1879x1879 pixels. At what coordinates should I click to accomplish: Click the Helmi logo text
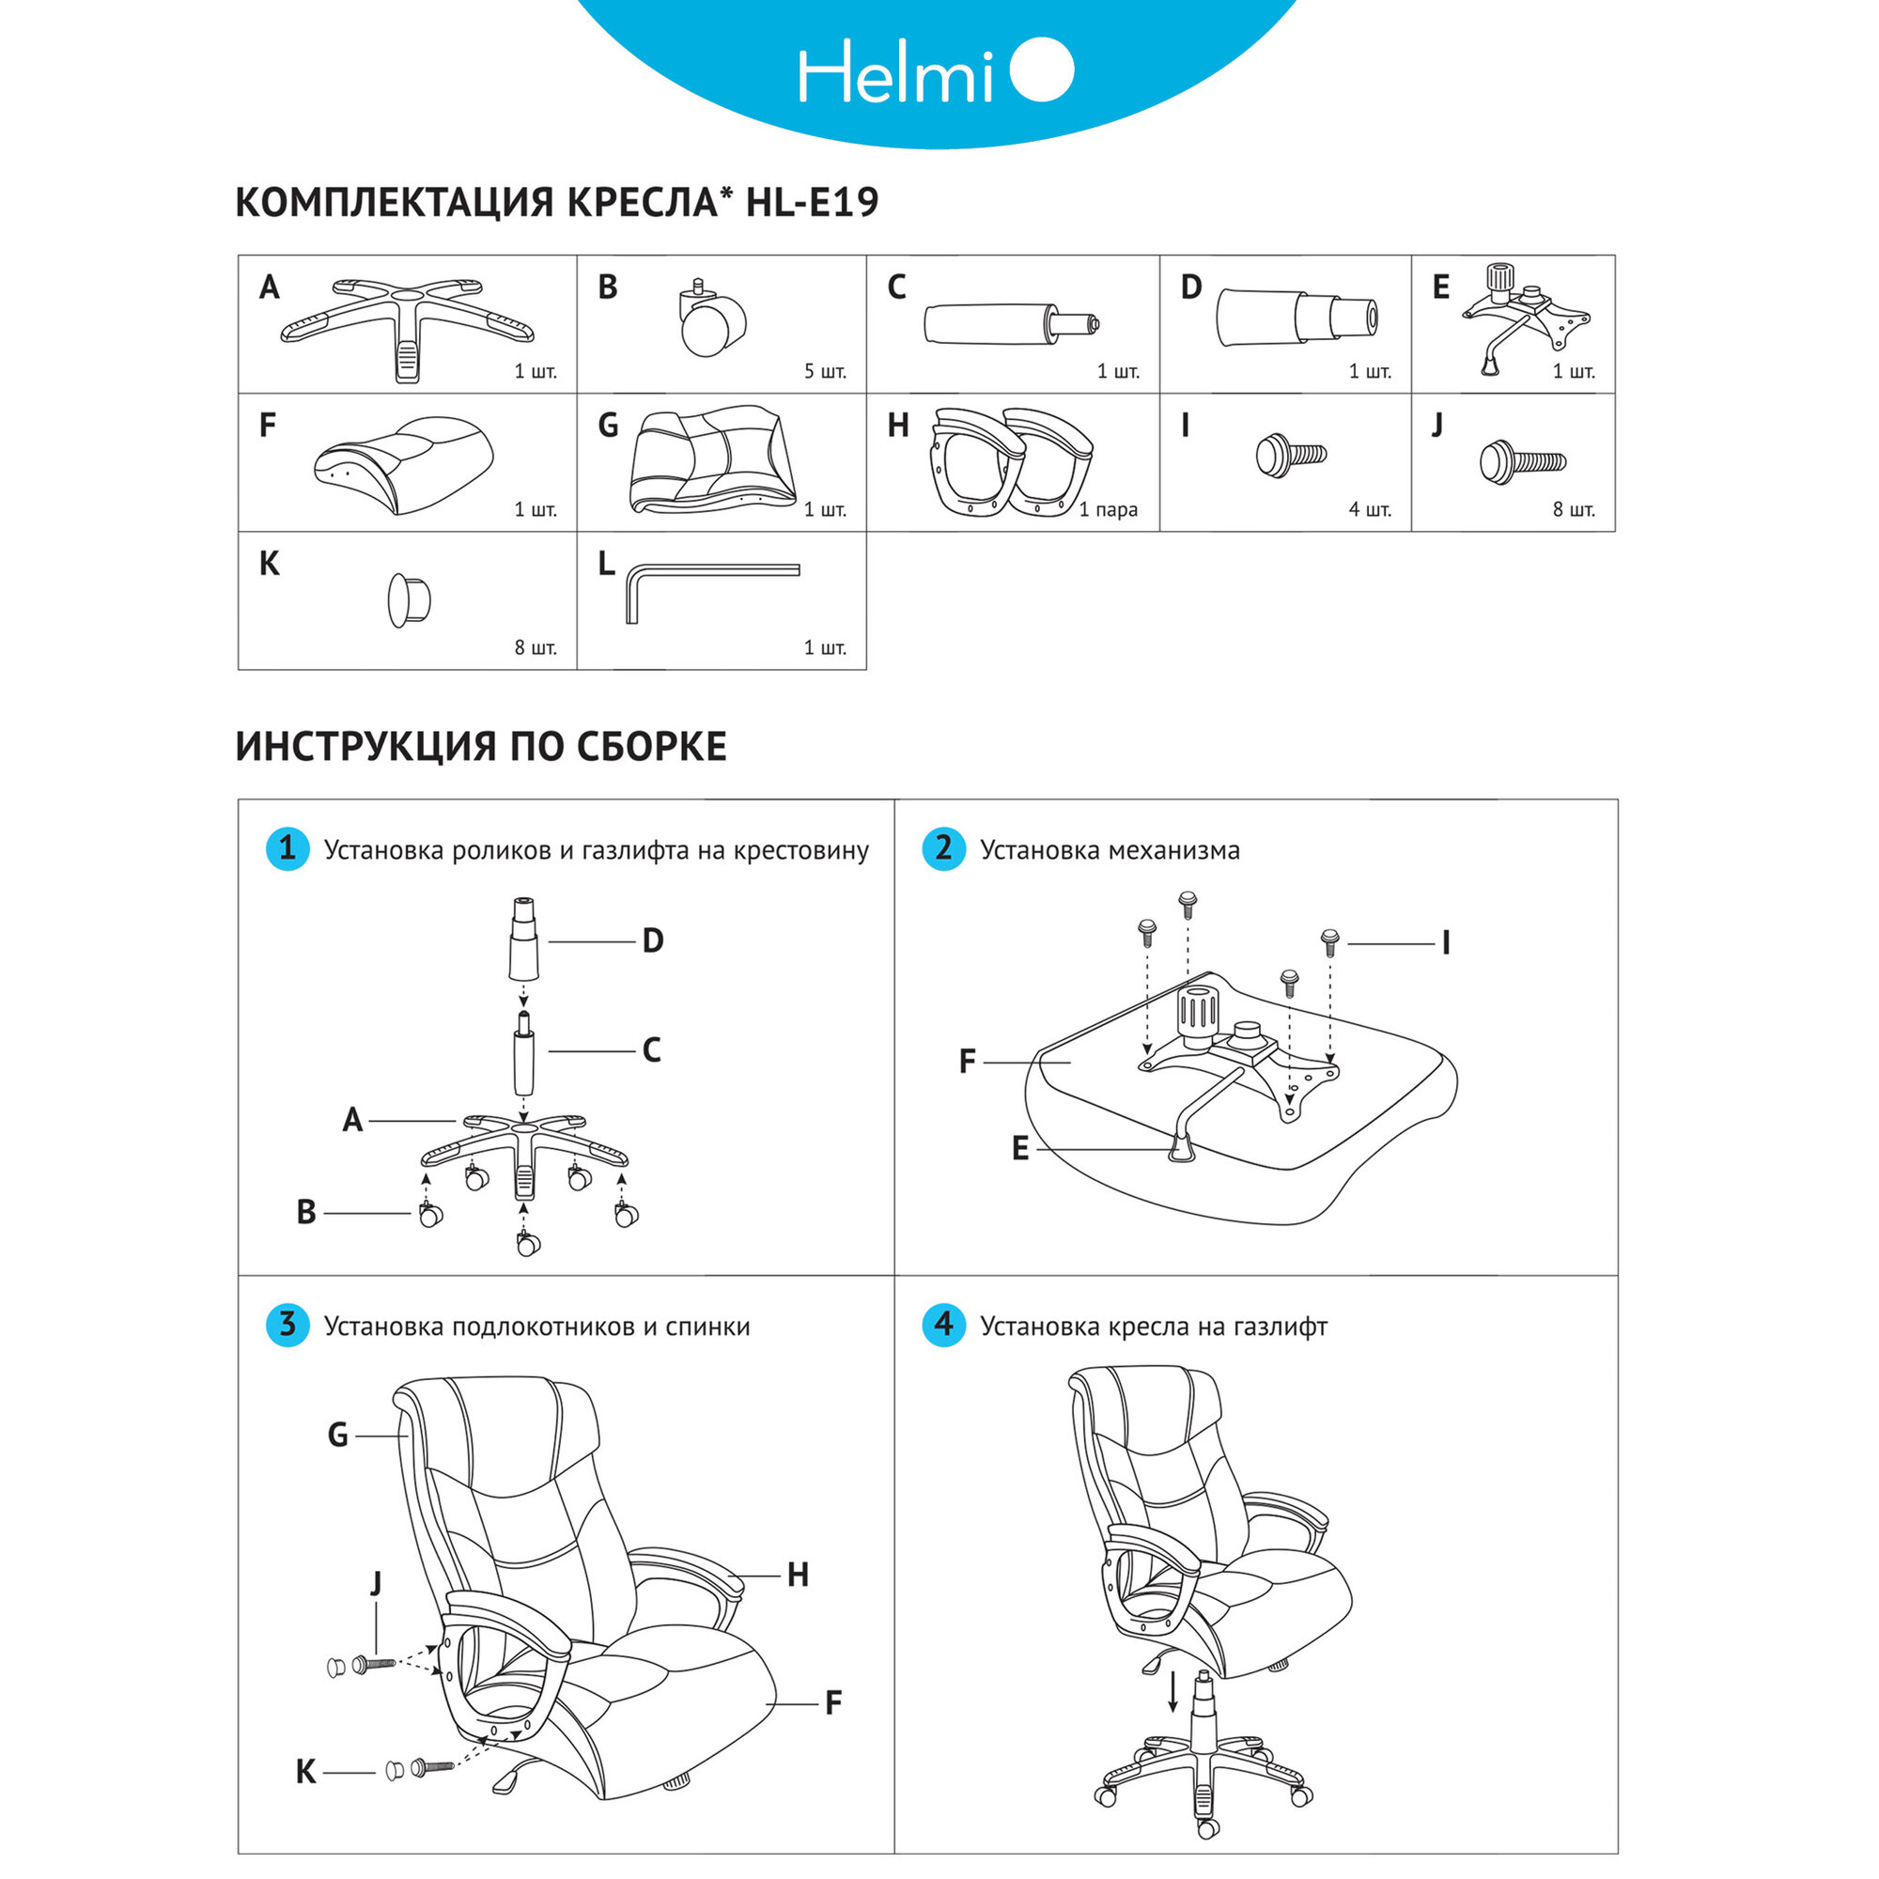click(x=894, y=73)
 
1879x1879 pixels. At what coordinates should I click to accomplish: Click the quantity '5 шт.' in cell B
click(x=825, y=371)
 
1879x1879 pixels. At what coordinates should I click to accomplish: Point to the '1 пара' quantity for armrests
click(x=1108, y=509)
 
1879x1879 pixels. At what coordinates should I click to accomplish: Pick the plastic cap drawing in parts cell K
click(x=409, y=599)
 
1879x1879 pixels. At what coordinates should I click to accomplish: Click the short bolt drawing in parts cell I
click(x=1291, y=455)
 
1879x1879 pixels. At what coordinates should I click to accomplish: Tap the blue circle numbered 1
click(x=287, y=848)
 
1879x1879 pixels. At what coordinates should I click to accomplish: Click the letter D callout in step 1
click(x=653, y=940)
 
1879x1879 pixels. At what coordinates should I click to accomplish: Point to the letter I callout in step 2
click(x=1445, y=942)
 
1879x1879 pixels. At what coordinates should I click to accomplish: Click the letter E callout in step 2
click(x=1019, y=1149)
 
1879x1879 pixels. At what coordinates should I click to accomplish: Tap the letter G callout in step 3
click(x=337, y=1435)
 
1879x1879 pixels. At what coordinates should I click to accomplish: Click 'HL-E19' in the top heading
click(x=811, y=202)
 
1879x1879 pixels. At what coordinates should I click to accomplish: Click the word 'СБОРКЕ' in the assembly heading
click(x=651, y=747)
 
